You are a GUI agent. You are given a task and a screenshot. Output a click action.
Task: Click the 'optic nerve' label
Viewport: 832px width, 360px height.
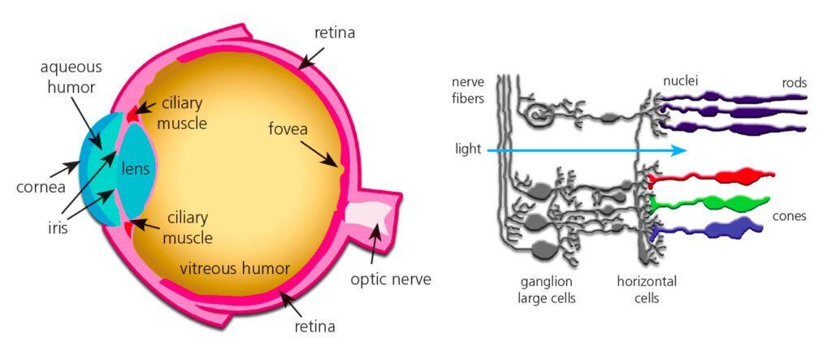point(390,280)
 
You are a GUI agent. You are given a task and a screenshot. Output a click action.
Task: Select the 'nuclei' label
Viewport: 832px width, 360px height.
point(680,81)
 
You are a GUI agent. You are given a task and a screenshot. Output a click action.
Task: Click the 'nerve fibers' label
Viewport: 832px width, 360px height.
point(471,90)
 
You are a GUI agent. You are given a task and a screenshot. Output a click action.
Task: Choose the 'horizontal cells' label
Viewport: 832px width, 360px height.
point(646,289)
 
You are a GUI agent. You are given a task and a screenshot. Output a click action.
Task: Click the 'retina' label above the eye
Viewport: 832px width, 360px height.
point(336,33)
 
